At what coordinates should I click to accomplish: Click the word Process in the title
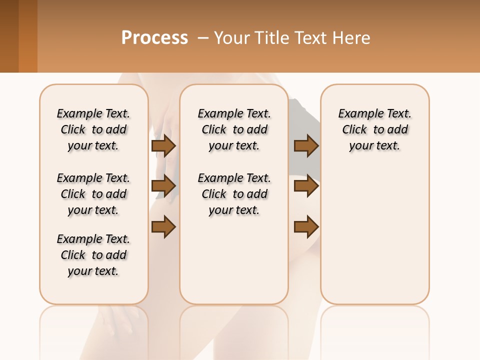pos(154,38)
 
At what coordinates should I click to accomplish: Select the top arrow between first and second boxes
pos(163,145)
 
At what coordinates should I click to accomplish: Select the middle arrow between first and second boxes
pos(163,186)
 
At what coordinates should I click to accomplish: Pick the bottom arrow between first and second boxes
pos(163,226)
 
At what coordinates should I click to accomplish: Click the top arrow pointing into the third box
pos(306,145)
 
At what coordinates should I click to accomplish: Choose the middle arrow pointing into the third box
pos(306,186)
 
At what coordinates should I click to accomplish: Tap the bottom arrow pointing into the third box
pos(306,226)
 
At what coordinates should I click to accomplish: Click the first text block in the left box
pos(93,129)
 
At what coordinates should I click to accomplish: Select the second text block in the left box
pos(93,194)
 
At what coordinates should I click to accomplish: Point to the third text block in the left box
pos(93,255)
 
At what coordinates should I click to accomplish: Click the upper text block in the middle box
pos(234,129)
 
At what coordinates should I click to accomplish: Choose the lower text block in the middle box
pos(234,194)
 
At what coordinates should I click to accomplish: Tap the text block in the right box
pos(375,129)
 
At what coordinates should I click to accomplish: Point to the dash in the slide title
pos(203,38)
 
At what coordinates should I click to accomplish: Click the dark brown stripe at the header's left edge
pos(9,36)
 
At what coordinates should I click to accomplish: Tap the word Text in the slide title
pos(311,38)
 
